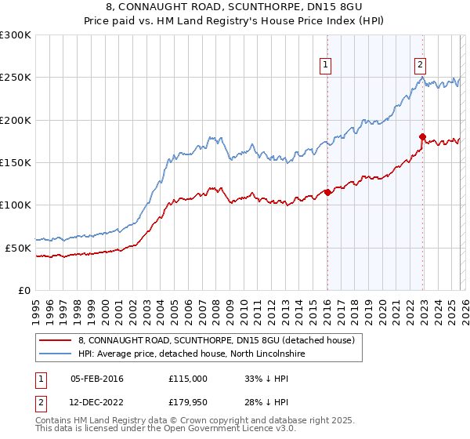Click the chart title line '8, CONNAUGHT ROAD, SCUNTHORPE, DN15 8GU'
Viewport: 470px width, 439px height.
coord(235,7)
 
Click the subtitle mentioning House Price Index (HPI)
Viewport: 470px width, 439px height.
coord(235,20)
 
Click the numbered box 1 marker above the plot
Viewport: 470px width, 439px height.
coord(326,65)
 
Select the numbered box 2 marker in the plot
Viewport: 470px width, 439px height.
coord(421,65)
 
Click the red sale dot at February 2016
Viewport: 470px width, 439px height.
coord(327,192)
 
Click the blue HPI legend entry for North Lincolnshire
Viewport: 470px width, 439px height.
coord(195,354)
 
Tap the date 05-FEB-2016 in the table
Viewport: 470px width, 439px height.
coord(96,379)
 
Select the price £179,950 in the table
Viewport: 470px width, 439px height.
coord(187,402)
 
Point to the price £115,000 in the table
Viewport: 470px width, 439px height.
coord(187,379)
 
